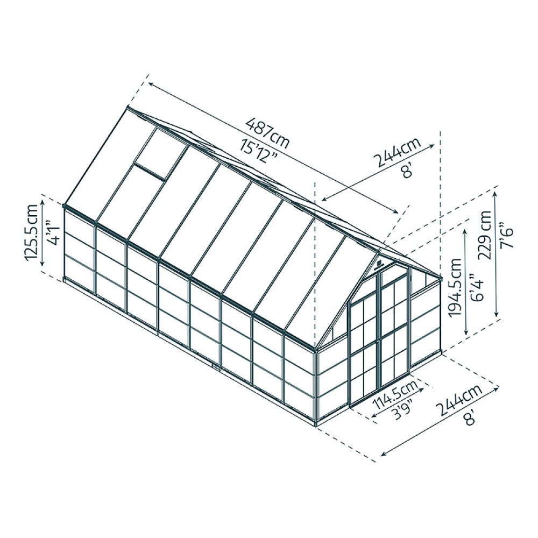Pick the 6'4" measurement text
[x=474, y=288]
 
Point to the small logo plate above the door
[x=378, y=265]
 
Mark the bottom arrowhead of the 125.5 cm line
[x=43, y=271]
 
